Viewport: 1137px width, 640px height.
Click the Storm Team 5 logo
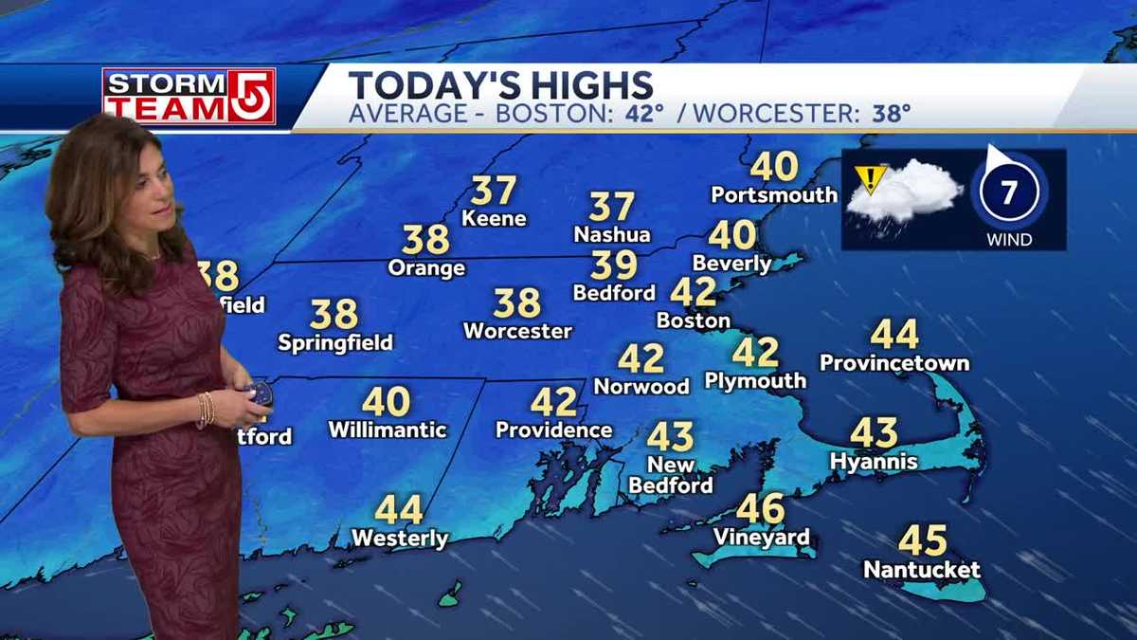(189, 96)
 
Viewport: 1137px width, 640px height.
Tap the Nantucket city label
(921, 570)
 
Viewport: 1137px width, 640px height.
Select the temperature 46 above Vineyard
(761, 509)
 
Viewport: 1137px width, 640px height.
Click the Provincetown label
(893, 362)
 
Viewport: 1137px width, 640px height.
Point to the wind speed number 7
(1008, 193)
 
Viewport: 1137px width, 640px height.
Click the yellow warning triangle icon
(869, 177)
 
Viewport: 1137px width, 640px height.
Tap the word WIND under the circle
(1008, 240)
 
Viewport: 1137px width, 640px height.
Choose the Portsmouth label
(774, 194)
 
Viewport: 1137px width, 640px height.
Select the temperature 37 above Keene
(494, 191)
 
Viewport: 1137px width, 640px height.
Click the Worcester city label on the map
(517, 331)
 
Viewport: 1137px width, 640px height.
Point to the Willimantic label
(387, 430)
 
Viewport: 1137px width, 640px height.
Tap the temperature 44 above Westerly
(399, 510)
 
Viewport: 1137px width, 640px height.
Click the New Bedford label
(671, 475)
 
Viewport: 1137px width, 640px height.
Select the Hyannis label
(873, 461)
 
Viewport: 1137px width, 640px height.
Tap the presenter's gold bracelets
(206, 410)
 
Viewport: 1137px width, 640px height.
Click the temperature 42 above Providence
(553, 402)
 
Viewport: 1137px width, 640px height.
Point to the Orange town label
(426, 267)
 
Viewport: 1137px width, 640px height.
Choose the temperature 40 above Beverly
(731, 234)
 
